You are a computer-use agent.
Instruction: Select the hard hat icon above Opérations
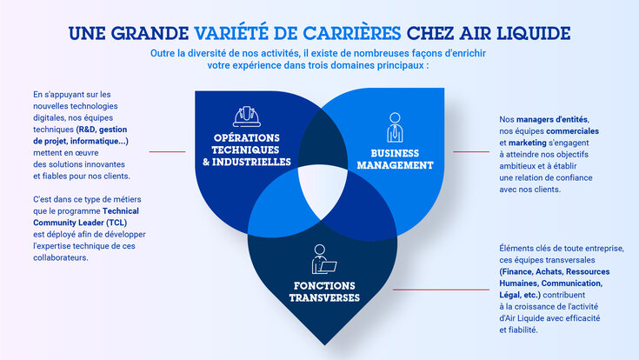point(247,116)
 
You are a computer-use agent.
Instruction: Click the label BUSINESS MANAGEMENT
point(390,158)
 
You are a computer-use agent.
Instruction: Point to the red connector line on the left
point(168,152)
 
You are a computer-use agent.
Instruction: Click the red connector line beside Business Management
point(471,152)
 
